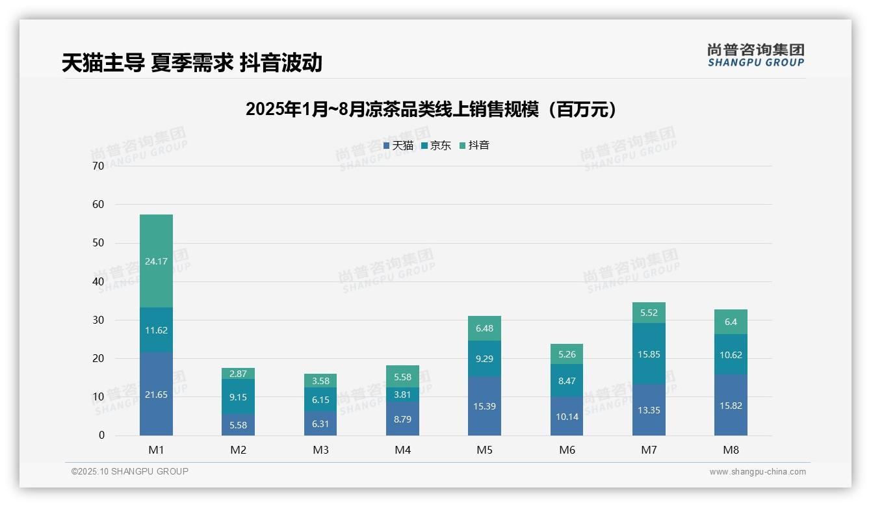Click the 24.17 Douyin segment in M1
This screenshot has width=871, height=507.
156,261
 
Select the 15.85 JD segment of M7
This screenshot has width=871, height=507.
649,354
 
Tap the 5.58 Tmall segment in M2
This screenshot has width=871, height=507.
238,425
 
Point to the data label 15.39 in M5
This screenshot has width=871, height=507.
484,406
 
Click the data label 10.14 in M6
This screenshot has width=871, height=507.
567,417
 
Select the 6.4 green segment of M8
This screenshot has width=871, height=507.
731,322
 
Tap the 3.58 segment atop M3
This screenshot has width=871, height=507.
320,381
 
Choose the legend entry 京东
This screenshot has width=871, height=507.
436,146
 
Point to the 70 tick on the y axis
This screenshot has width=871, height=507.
98,166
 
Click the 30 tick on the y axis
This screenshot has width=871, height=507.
98,320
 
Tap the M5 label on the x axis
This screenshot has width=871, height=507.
484,450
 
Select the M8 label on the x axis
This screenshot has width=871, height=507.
731,450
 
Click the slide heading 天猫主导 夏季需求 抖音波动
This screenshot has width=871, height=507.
192,62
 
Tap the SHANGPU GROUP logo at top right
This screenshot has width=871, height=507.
755,55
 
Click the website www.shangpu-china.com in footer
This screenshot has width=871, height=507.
757,472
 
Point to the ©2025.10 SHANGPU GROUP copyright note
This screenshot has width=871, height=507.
130,471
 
